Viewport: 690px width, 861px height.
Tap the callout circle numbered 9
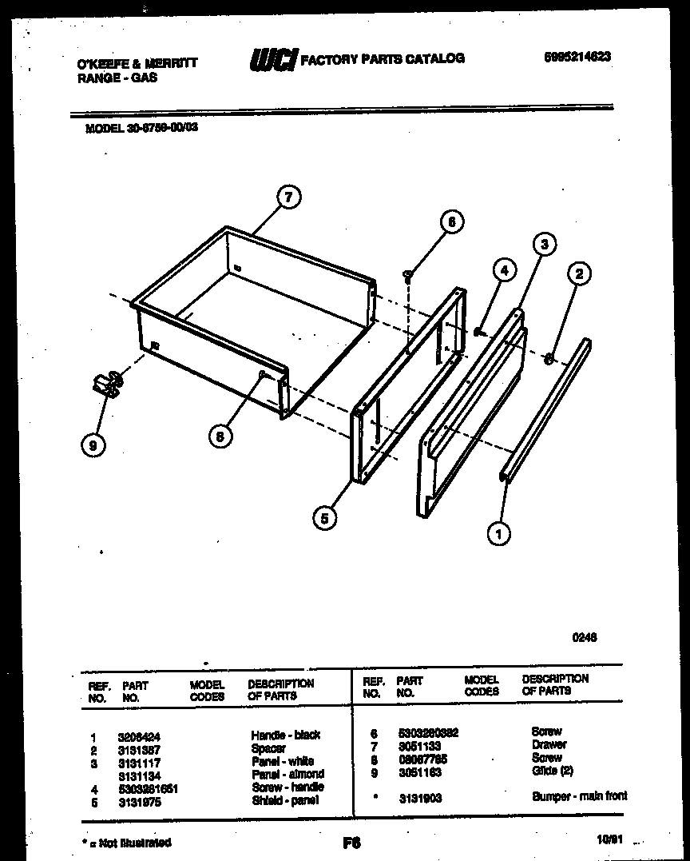click(93, 446)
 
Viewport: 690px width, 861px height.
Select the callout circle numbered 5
click(323, 518)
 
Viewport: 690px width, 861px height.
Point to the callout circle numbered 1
click(499, 533)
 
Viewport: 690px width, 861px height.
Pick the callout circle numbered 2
click(579, 274)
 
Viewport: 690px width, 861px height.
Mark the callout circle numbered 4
click(503, 270)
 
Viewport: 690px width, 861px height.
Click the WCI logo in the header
click(273, 59)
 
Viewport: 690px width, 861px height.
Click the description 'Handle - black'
click(285, 735)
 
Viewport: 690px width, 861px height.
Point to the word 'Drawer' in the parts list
click(549, 744)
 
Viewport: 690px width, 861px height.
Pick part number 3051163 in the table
click(418, 772)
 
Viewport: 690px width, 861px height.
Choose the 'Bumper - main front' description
click(579, 796)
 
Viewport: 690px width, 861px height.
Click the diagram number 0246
click(585, 637)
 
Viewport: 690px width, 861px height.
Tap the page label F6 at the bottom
click(351, 842)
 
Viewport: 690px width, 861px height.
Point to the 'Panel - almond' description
click(287, 774)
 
